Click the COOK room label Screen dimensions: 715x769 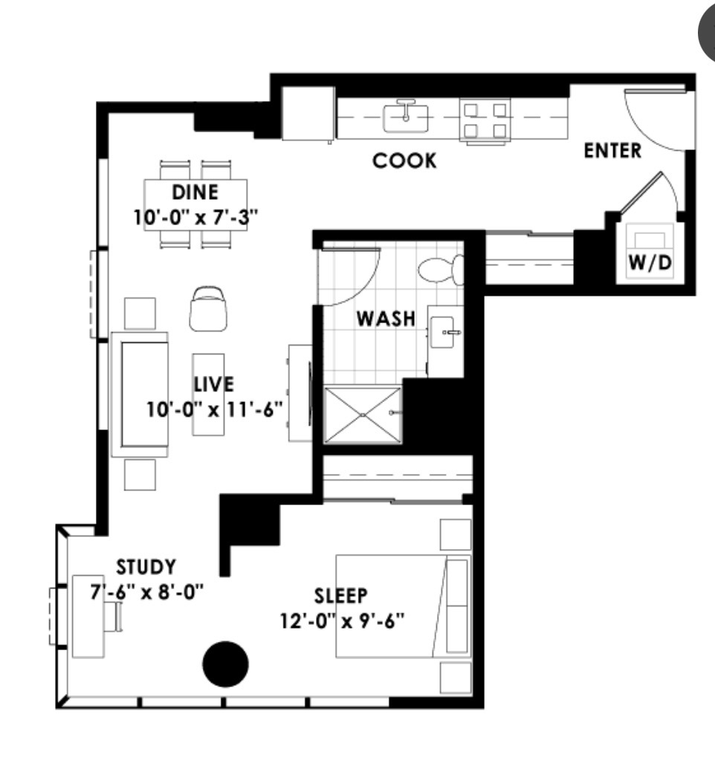point(404,161)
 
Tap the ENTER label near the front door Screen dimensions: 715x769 point(612,151)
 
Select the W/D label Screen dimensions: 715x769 point(650,263)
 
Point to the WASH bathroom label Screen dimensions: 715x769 point(386,319)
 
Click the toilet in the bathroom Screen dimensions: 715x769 point(441,269)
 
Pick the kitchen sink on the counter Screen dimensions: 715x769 point(405,117)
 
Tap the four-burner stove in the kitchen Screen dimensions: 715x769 point(485,120)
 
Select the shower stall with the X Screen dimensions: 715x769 point(363,415)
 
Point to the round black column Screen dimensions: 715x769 point(226,664)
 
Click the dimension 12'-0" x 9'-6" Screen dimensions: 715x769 point(343,621)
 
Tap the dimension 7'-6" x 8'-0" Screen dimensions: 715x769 point(146,592)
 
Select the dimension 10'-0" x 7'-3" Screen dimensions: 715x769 point(195,216)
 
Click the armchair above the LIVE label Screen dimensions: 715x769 point(209,309)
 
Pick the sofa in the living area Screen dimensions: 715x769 point(140,395)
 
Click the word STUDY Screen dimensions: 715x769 point(146,567)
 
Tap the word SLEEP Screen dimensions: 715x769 point(340,595)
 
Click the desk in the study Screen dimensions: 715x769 point(88,617)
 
